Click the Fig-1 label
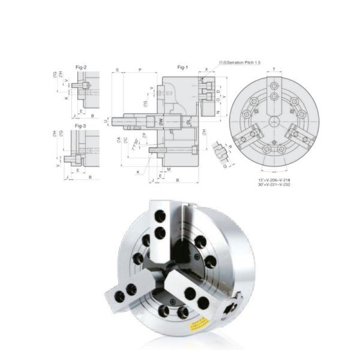point(183,67)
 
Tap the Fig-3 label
point(80,127)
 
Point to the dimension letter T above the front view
point(274,70)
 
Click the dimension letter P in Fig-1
point(140,70)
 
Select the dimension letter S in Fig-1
point(116,70)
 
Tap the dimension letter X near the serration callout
point(207,70)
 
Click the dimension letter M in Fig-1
point(169,169)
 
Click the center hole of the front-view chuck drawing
point(274,122)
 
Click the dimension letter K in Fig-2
point(66,97)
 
